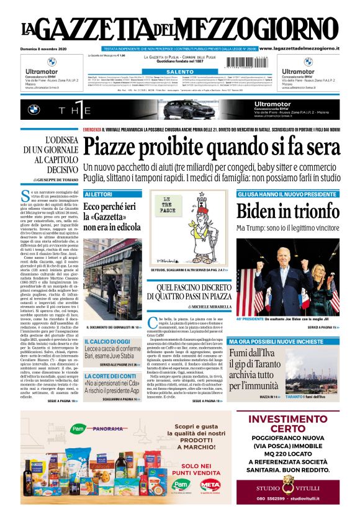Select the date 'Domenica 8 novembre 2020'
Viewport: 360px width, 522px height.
tap(47, 48)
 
